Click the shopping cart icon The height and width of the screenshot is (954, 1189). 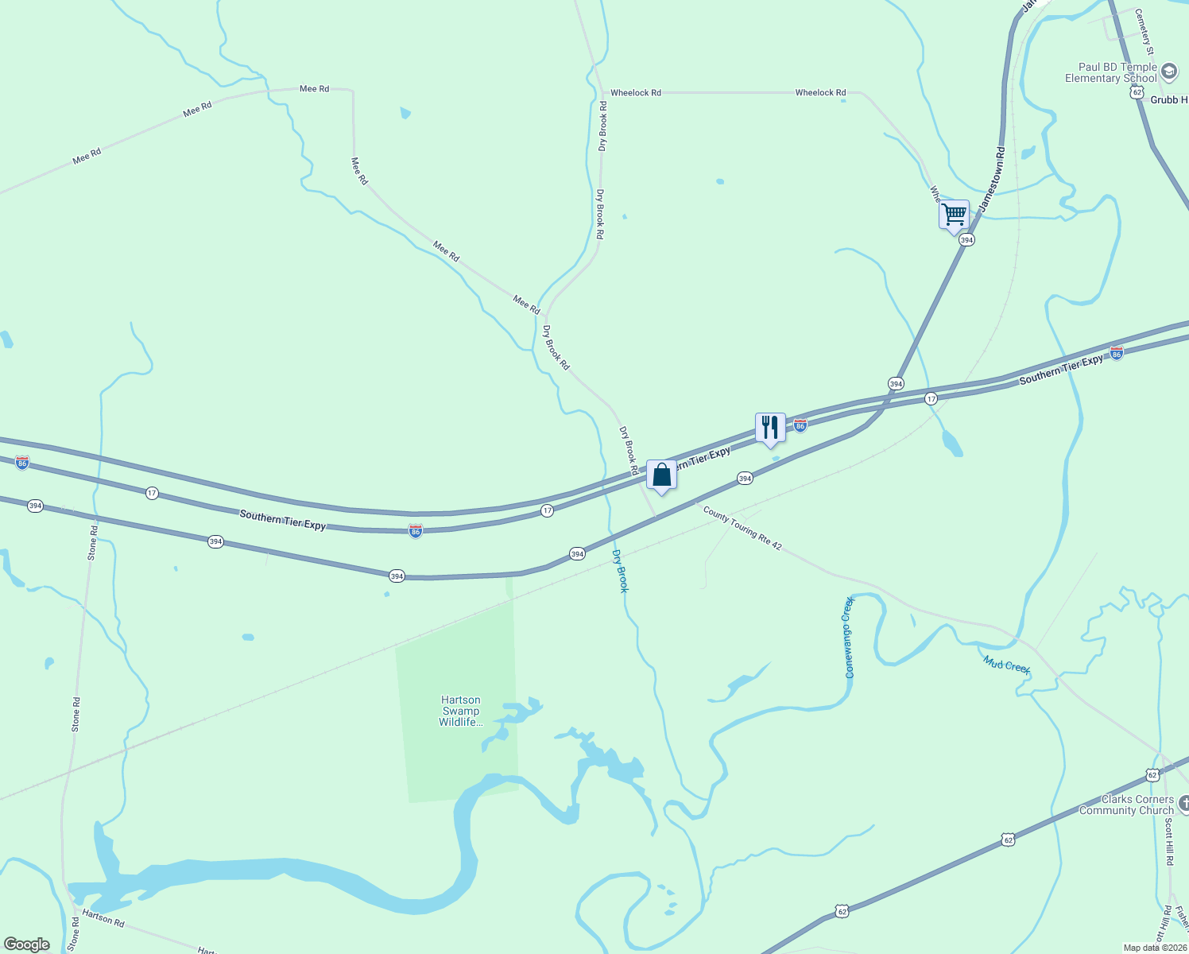point(954,215)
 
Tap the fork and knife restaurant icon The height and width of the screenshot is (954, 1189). point(769,428)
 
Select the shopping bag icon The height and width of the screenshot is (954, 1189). point(661,475)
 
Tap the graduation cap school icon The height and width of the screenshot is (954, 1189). point(1169,73)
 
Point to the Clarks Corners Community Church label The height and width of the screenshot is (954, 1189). point(1126,805)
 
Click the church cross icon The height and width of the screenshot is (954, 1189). point(1183,805)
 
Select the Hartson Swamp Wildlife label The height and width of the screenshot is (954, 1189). point(461,712)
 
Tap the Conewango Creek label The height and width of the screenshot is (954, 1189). point(848,638)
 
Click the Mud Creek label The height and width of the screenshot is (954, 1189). point(1006,665)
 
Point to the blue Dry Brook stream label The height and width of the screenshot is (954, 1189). point(620,570)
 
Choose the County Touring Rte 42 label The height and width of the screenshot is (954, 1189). point(742,530)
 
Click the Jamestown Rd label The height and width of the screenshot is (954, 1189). point(992,179)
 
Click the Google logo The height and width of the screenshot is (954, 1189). point(26,944)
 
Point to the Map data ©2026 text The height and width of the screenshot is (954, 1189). point(1153,948)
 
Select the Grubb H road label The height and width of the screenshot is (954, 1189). point(1168,100)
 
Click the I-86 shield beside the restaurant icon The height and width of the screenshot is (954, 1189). point(800,426)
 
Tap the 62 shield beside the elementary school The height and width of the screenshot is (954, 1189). point(1137,93)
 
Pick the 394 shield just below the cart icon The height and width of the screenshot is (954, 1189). point(966,239)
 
